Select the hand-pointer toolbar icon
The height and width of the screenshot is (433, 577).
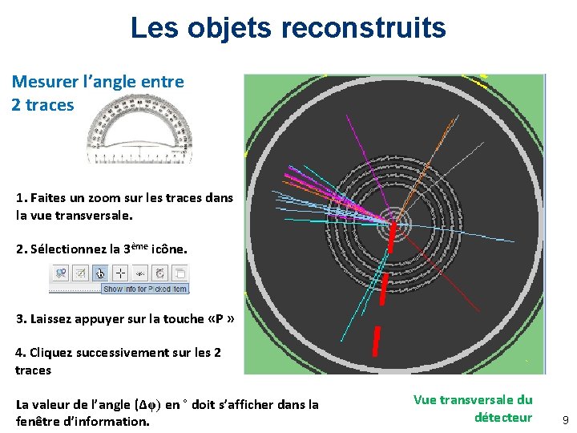point(100,273)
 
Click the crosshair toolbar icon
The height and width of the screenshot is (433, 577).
point(122,273)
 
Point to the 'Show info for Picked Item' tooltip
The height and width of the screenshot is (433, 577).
point(145,289)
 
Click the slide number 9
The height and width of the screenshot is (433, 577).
point(564,419)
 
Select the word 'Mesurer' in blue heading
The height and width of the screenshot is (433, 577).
point(46,82)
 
